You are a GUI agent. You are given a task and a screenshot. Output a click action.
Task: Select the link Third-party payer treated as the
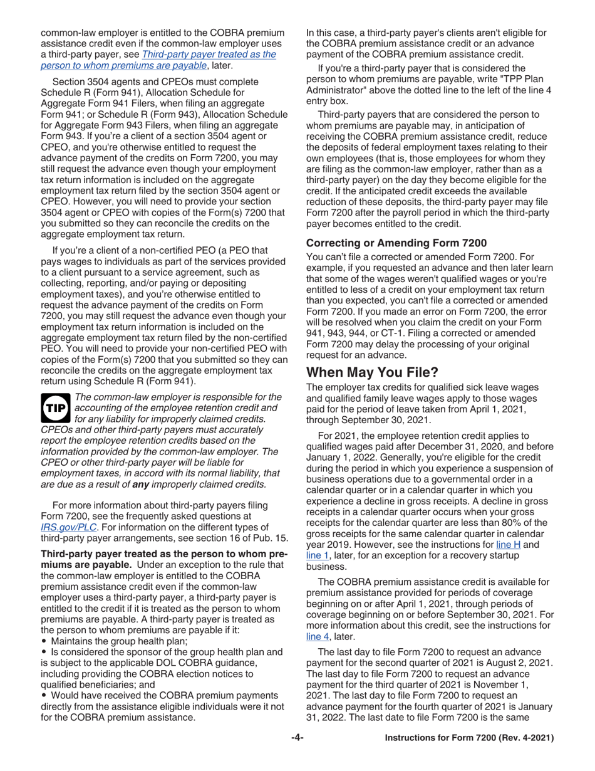pyautogui.click(x=209, y=54)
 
